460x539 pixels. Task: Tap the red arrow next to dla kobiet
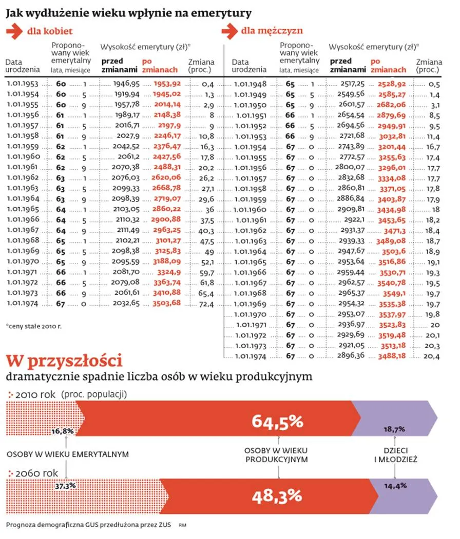tap(14, 32)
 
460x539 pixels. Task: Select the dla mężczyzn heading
tap(272, 31)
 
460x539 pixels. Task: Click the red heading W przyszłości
tap(63, 361)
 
